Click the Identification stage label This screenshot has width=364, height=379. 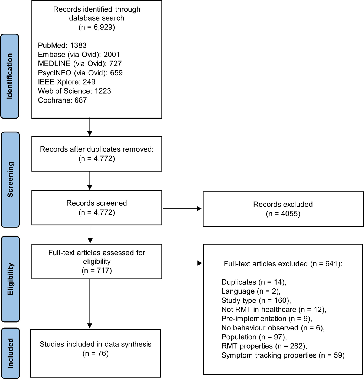pyautogui.click(x=10, y=76)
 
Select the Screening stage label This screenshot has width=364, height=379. pyautogui.click(x=10, y=179)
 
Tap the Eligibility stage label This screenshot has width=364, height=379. pyautogui.click(x=10, y=279)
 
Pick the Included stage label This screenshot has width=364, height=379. pyautogui.click(x=10, y=353)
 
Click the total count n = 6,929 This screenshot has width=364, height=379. pyautogui.click(x=97, y=27)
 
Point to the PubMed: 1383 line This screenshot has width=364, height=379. pyautogui.click(x=62, y=45)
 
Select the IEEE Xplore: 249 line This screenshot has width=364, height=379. pyautogui.click(x=67, y=82)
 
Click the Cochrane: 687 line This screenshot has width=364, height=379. pyautogui.click(x=62, y=100)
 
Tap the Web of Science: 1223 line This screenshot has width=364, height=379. pyautogui.click(x=74, y=91)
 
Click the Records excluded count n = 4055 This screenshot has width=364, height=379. pyautogui.click(x=283, y=214)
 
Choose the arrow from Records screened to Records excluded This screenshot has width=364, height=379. pyautogui.click(x=182, y=209)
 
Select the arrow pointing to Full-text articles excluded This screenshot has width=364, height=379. pyautogui.click(x=183, y=263)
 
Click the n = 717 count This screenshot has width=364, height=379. pyautogui.click(x=97, y=270)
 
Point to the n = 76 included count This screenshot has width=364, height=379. pyautogui.click(x=95, y=353)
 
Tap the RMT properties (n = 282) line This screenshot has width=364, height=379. pyautogui.click(x=264, y=346)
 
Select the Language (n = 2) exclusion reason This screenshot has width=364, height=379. pyautogui.click(x=251, y=291)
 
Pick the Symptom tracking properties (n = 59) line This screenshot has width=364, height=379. pyautogui.click(x=283, y=355)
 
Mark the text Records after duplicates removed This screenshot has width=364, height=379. pyautogui.click(x=97, y=149)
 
